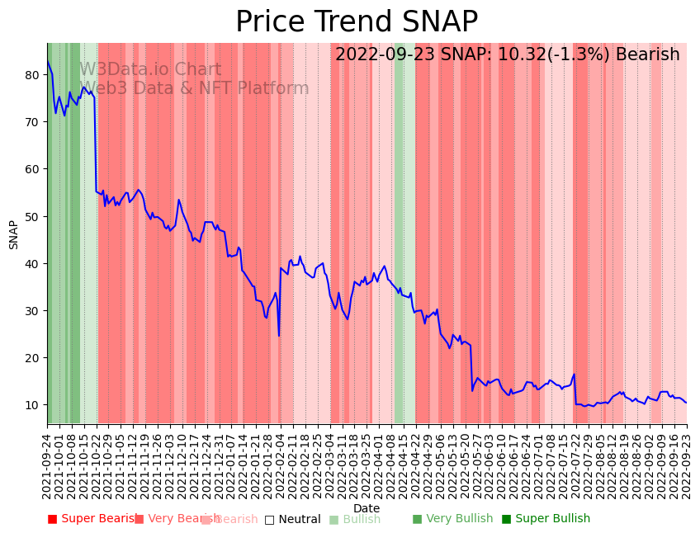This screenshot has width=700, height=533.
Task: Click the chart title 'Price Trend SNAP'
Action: pyautogui.click(x=357, y=22)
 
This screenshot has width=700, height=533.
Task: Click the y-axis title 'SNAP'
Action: pyautogui.click(x=14, y=234)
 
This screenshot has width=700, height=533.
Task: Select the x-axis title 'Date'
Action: pyautogui.click(x=367, y=509)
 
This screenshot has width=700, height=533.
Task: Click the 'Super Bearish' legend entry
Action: pyautogui.click(x=93, y=519)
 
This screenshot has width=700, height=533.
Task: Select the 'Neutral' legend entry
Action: pyautogui.click(x=293, y=519)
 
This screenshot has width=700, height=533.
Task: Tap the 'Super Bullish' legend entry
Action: pyautogui.click(x=546, y=519)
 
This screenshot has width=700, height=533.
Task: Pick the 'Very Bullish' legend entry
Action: pyautogui.click(x=452, y=519)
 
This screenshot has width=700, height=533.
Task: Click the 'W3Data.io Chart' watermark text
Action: pyautogui.click(x=150, y=70)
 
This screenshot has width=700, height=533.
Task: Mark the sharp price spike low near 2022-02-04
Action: pyautogui.click(x=279, y=336)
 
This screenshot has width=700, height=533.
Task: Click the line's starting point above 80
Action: pyautogui.click(x=48, y=62)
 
